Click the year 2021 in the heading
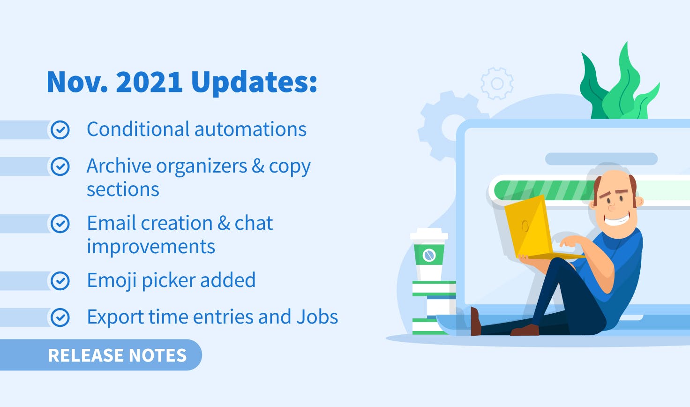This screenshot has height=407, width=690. click(x=149, y=82)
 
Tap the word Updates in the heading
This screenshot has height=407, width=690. click(x=254, y=82)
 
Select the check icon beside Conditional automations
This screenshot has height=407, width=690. click(x=60, y=130)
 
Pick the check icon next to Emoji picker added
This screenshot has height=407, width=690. click(x=60, y=281)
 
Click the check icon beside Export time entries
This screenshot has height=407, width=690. click(x=60, y=317)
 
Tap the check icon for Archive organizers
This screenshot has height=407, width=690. click(x=60, y=166)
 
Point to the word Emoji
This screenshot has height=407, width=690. click(x=112, y=281)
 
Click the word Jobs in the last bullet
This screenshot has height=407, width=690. click(x=317, y=317)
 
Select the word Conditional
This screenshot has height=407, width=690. click(x=138, y=129)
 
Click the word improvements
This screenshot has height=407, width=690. click(x=151, y=247)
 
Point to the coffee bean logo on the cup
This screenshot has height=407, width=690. click(x=429, y=255)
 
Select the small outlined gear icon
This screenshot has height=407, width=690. click(x=497, y=83)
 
